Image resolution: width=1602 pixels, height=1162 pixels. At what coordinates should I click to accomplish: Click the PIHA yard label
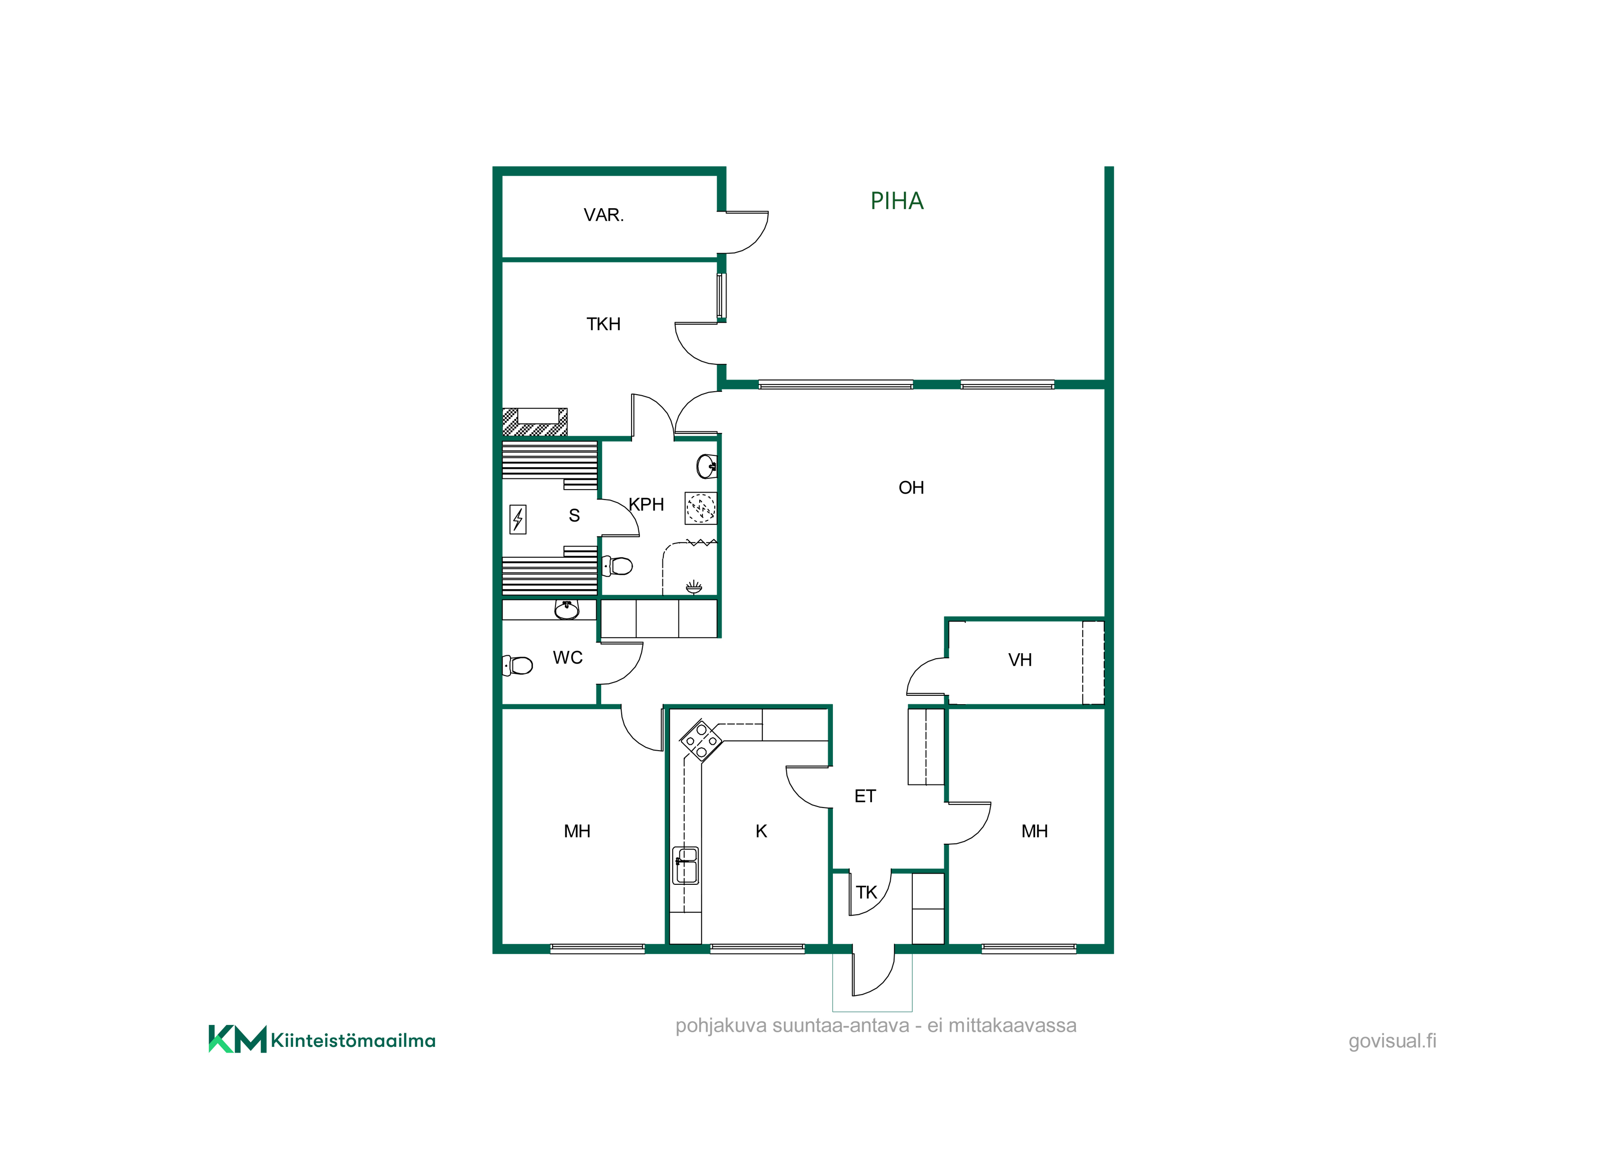click(x=897, y=201)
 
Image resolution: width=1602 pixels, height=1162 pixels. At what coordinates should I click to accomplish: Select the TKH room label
click(x=603, y=324)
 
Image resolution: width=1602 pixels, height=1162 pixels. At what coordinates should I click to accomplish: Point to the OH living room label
click(x=911, y=488)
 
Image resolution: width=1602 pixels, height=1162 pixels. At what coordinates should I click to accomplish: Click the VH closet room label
click(x=1020, y=660)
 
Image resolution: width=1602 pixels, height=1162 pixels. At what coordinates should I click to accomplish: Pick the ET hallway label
click(x=865, y=796)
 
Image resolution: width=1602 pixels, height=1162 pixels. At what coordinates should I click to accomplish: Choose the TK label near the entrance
click(x=866, y=892)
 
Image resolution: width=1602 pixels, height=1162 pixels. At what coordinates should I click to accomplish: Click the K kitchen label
click(x=761, y=831)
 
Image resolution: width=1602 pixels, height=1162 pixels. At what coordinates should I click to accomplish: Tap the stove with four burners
click(x=701, y=740)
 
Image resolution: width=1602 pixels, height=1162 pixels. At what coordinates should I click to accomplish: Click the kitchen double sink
click(x=686, y=865)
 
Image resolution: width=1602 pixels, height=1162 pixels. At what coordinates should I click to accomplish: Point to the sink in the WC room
click(x=566, y=609)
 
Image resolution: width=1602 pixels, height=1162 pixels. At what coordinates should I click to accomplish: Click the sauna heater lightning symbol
click(x=518, y=520)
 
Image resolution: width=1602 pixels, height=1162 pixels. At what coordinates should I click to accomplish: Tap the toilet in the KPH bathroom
click(x=617, y=566)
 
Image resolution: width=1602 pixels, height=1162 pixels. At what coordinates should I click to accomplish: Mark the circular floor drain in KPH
click(x=701, y=508)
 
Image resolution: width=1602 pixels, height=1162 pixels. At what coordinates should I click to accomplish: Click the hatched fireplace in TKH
click(x=534, y=422)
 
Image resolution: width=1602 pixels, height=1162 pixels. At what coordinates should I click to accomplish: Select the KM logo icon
click(x=237, y=1039)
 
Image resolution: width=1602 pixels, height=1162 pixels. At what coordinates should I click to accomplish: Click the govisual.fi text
click(x=1392, y=1041)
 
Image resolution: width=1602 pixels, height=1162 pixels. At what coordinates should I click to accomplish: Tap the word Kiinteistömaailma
click(x=353, y=1041)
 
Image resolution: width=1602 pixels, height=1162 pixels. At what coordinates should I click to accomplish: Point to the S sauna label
click(x=574, y=516)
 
